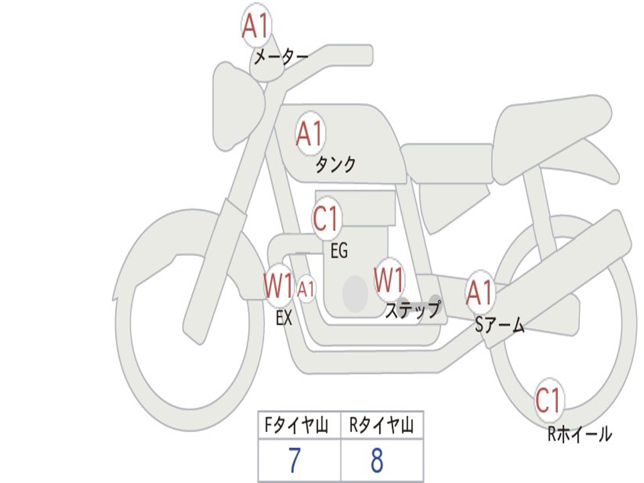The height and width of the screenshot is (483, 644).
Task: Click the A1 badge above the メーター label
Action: tap(256, 27)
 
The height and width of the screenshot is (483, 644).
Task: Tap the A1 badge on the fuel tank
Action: tap(309, 134)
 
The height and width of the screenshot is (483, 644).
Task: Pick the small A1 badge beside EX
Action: tap(306, 289)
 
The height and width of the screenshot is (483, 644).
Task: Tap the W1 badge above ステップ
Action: tap(389, 280)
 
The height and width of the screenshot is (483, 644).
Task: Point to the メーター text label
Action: tap(281, 58)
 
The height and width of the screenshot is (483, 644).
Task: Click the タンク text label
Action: tap(335, 165)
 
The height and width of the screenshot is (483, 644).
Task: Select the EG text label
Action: tap(339, 251)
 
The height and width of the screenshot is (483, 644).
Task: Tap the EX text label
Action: tap(284, 318)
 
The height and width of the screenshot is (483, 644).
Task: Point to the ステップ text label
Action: tap(413, 311)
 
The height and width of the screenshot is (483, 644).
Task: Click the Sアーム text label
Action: tap(499, 325)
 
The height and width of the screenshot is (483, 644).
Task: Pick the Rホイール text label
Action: tap(579, 434)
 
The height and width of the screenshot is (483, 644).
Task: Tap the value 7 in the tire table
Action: tap(294, 461)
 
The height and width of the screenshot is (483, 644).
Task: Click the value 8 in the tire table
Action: tap(377, 461)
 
